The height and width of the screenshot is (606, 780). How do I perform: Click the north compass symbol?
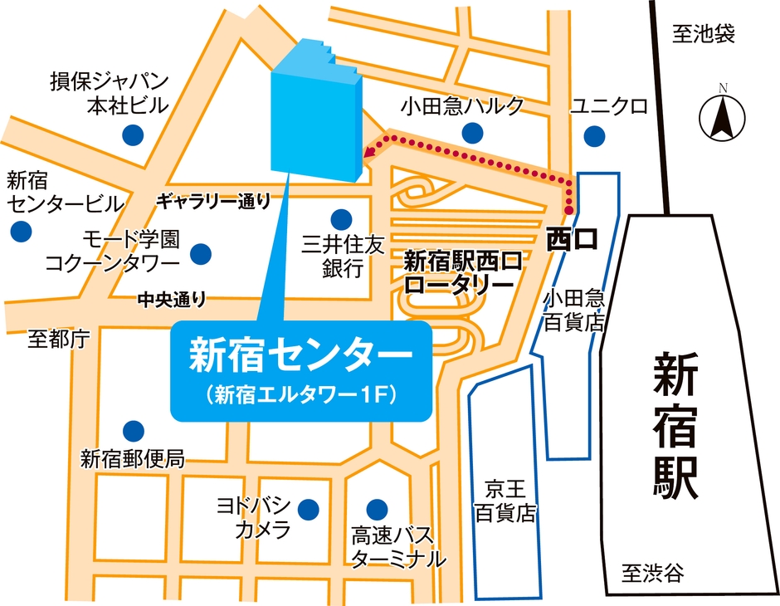tap(722, 117)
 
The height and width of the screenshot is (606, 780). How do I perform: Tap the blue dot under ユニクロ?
tap(594, 134)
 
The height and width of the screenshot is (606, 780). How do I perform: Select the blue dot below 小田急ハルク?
tap(473, 132)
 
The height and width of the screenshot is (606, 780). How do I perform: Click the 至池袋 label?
tap(704, 34)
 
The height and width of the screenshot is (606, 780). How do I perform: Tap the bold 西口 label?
tap(571, 241)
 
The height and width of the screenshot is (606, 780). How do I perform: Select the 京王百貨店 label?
tap(504, 501)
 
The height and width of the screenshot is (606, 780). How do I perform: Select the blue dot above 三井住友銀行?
tap(340, 219)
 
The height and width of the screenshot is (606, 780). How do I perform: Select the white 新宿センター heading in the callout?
tap(300, 354)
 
